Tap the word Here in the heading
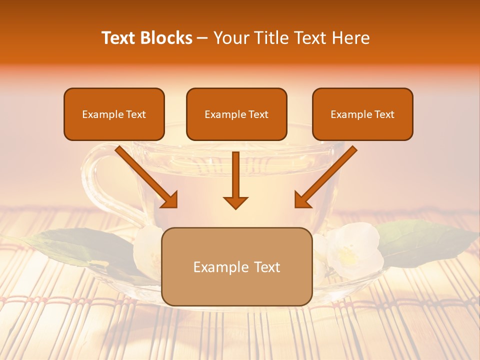pos(350,38)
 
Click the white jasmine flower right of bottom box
pos(352,250)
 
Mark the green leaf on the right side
pos(425,240)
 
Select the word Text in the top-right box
pos(384,114)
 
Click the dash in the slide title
pos(202,38)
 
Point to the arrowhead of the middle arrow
pos(235,202)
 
